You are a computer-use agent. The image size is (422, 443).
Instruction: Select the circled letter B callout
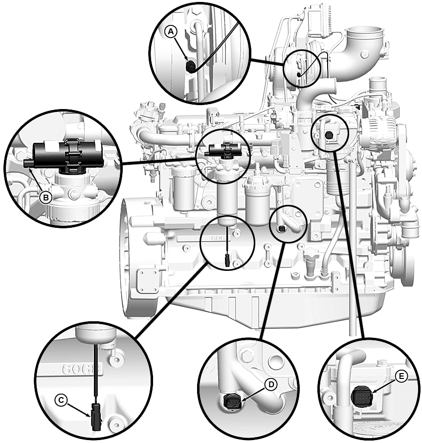45,198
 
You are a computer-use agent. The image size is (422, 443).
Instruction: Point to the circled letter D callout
271,384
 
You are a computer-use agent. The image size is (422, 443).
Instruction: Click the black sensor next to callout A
190,66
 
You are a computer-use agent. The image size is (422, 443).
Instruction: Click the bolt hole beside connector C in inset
115,421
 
